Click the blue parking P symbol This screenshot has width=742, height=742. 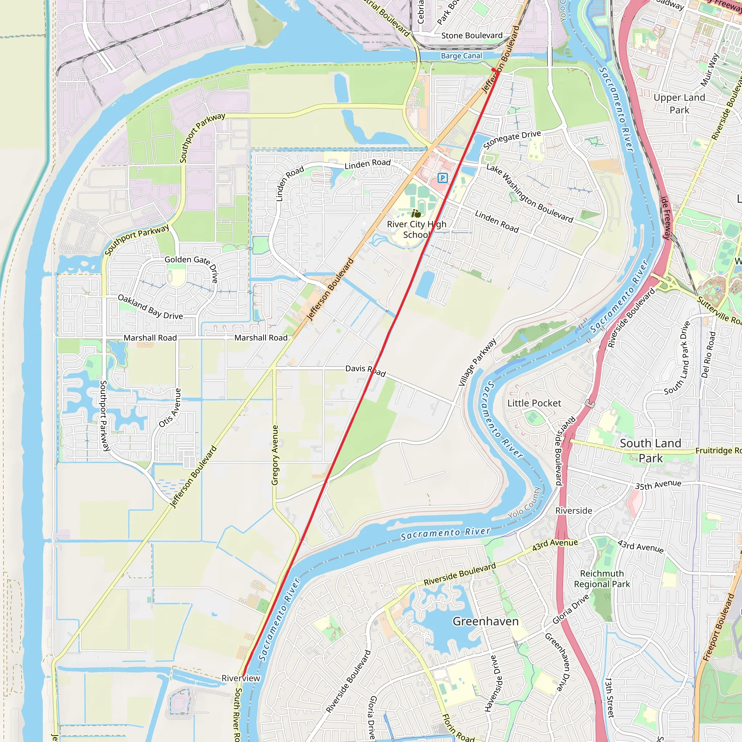tap(442, 178)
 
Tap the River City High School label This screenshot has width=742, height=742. tap(416, 229)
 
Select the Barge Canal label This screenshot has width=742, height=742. tap(461, 56)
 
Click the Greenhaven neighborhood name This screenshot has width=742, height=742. tap(485, 621)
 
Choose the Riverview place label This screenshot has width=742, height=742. tap(241, 678)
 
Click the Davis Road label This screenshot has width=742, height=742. tap(365, 371)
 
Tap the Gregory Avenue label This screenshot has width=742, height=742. tap(275, 455)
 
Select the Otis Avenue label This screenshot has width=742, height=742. tap(170, 408)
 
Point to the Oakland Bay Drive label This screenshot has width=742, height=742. tap(150, 307)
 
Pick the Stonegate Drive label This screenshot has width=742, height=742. tap(512, 139)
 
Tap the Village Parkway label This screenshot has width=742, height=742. tap(478, 362)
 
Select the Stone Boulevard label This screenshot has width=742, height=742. tap(472, 36)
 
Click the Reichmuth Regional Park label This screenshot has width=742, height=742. tap(602, 579)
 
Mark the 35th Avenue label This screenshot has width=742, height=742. tap(658, 485)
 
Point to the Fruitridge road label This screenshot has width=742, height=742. tap(717, 450)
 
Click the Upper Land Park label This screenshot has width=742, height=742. tap(679, 104)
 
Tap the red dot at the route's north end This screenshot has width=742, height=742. tap(493, 70)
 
